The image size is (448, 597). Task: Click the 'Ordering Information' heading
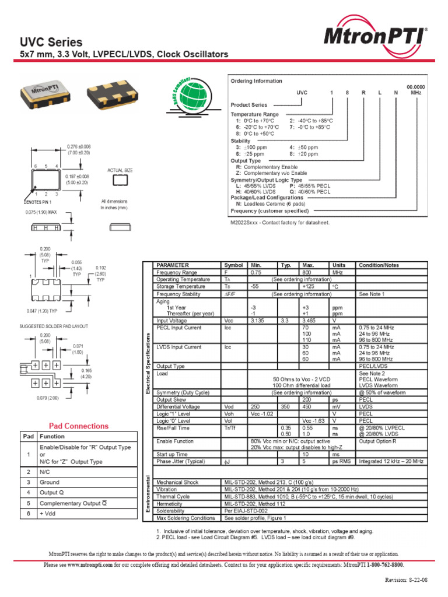tap(256, 81)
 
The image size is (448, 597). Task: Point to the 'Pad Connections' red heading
tap(78, 426)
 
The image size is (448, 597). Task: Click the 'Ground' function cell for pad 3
tap(50, 482)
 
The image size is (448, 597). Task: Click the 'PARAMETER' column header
tap(173, 265)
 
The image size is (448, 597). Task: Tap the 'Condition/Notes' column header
tap(379, 265)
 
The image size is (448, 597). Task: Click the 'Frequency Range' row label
tap(177, 272)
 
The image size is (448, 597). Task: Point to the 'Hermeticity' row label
tap(172, 504)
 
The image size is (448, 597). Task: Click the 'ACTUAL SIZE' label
tap(120, 170)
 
